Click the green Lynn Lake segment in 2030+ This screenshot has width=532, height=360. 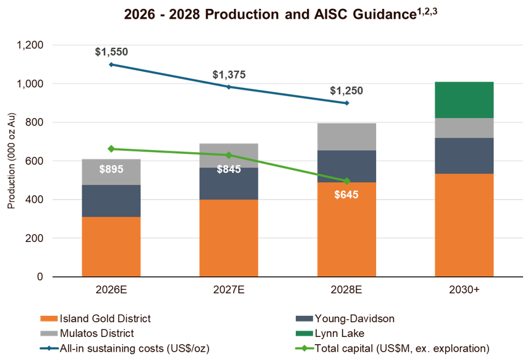coord(464,100)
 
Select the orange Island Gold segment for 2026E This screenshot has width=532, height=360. coord(111,246)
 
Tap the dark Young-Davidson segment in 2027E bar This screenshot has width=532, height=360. coord(229,184)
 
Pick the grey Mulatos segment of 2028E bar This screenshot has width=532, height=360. coord(347,136)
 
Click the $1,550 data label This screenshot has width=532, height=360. coord(111,52)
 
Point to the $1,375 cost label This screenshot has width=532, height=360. coord(229,74)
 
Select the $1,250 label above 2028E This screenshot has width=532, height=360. coord(347,91)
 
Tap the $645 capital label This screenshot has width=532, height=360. coord(347,195)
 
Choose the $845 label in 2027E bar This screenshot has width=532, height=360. coord(229,169)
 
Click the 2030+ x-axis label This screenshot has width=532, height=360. coord(464,291)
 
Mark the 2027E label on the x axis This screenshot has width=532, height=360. coord(229,291)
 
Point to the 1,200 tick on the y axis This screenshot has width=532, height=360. coord(31,45)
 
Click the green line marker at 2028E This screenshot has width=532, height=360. coord(347,181)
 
